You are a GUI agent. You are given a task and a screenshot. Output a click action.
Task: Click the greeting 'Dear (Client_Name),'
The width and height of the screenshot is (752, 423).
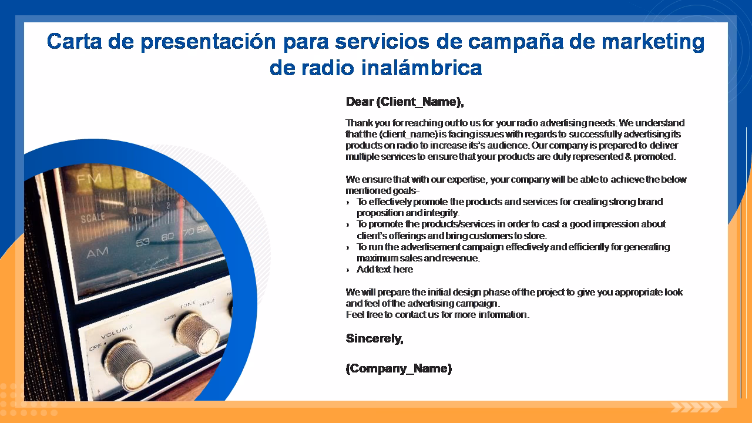coord(405,102)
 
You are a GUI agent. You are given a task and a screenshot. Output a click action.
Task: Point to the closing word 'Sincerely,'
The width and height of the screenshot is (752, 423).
coord(374,338)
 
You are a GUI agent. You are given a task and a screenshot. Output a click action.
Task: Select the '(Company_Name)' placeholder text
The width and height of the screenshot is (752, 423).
coord(399,368)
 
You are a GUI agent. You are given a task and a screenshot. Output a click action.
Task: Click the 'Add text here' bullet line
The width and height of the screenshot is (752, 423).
coord(385,269)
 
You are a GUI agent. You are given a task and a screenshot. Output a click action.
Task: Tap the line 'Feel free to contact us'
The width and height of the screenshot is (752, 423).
coord(438,314)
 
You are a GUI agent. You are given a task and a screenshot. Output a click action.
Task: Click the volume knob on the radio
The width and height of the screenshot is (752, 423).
coord(129,365)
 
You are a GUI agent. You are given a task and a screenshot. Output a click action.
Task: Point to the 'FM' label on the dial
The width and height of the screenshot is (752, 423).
coord(89,178)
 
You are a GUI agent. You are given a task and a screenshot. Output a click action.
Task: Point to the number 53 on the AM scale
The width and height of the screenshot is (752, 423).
coord(143,241)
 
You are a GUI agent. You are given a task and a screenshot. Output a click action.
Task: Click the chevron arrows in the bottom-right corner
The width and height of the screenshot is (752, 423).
coord(696,407)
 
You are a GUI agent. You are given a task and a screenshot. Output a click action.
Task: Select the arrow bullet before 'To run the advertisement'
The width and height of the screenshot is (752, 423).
coord(348,247)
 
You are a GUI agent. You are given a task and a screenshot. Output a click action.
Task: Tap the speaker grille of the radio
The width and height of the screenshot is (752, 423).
coord(41,294)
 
